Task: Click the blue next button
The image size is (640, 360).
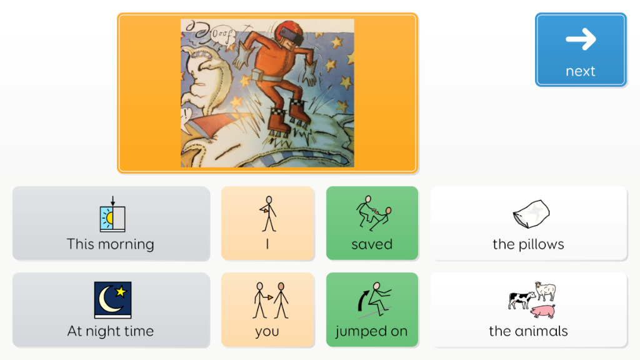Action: pyautogui.click(x=581, y=50)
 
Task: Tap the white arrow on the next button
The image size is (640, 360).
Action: pyautogui.click(x=581, y=39)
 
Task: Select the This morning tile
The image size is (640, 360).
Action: pyautogui.click(x=111, y=224)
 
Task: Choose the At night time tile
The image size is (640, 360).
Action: pyautogui.click(x=111, y=310)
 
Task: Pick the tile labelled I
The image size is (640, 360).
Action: pyautogui.click(x=267, y=223)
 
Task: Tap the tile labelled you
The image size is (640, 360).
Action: pyautogui.click(x=267, y=310)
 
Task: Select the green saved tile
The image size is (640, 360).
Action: pyautogui.click(x=372, y=223)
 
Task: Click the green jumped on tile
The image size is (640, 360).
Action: pyautogui.click(x=372, y=310)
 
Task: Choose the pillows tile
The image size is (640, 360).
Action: pyautogui.click(x=529, y=223)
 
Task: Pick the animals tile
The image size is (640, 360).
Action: pyautogui.click(x=529, y=310)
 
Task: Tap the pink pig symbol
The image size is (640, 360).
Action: pyautogui.click(x=543, y=311)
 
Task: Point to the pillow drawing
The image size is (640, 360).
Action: pyautogui.click(x=531, y=214)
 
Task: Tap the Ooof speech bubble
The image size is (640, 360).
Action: pyautogui.click(x=222, y=34)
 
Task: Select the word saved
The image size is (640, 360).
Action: pyautogui.click(x=372, y=244)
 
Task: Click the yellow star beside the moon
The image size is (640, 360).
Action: pyautogui.click(x=121, y=291)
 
